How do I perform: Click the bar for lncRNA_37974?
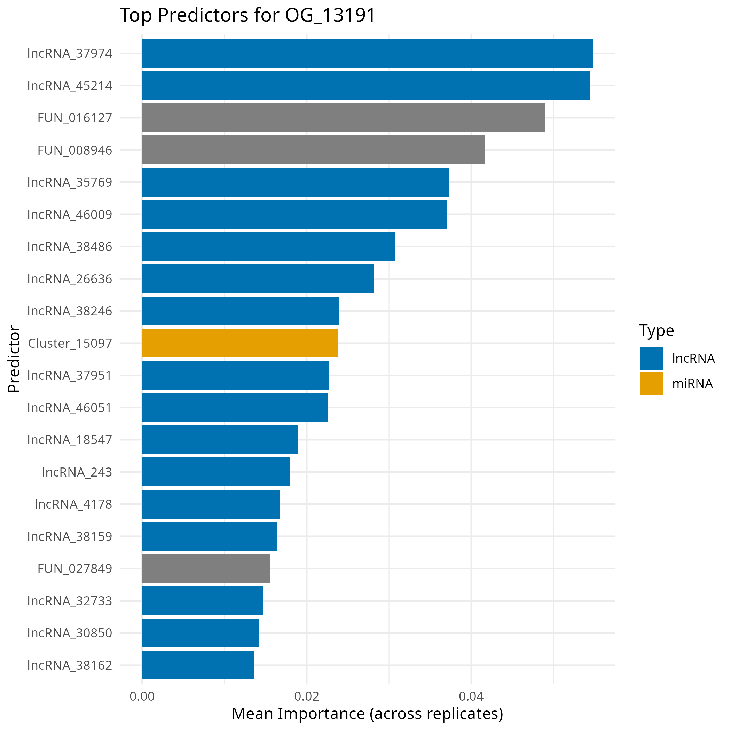coord(367,53)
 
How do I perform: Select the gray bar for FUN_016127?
coord(343,118)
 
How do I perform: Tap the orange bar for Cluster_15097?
coord(239,343)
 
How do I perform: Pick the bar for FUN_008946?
coord(313,150)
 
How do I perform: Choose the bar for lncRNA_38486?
coord(268,246)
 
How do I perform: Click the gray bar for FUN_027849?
coord(206,568)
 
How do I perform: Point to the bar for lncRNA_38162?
coord(198,665)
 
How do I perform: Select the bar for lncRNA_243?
coord(216,472)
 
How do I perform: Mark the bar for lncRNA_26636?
coord(258,278)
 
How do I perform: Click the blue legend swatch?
coord(651,358)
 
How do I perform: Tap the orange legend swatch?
coord(651,383)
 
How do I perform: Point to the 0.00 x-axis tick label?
coord(142,696)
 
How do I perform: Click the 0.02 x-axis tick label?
coord(306,696)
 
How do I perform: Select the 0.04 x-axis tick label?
coord(471,696)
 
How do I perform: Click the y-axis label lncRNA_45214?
coord(70,86)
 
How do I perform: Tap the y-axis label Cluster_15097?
coord(70,343)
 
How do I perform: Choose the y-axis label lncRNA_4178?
coord(73,504)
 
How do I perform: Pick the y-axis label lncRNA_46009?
coord(70,214)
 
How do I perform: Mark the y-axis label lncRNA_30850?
coord(70,632)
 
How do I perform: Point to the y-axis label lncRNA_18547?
coord(70,440)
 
